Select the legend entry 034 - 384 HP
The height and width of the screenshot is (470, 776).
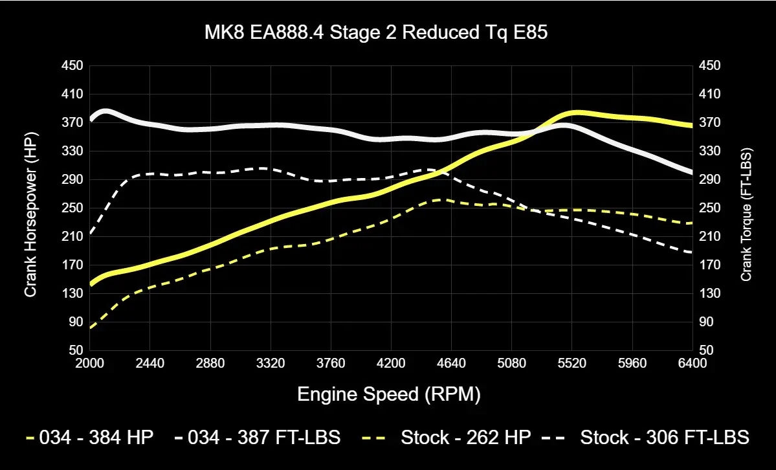click(90, 438)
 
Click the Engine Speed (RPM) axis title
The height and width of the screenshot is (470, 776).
click(389, 394)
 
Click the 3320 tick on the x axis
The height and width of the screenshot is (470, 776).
click(271, 363)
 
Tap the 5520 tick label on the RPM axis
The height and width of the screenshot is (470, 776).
click(572, 363)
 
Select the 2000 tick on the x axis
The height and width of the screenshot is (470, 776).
click(90, 363)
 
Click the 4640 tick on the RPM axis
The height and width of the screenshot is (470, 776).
click(452, 363)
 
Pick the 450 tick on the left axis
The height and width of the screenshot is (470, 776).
click(72, 65)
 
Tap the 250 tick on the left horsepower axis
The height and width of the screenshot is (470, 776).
click(72, 208)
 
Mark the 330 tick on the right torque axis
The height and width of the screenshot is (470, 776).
click(705, 151)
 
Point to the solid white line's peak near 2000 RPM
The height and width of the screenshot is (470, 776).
click(105, 111)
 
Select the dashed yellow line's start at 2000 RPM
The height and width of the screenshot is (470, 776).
click(91, 328)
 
